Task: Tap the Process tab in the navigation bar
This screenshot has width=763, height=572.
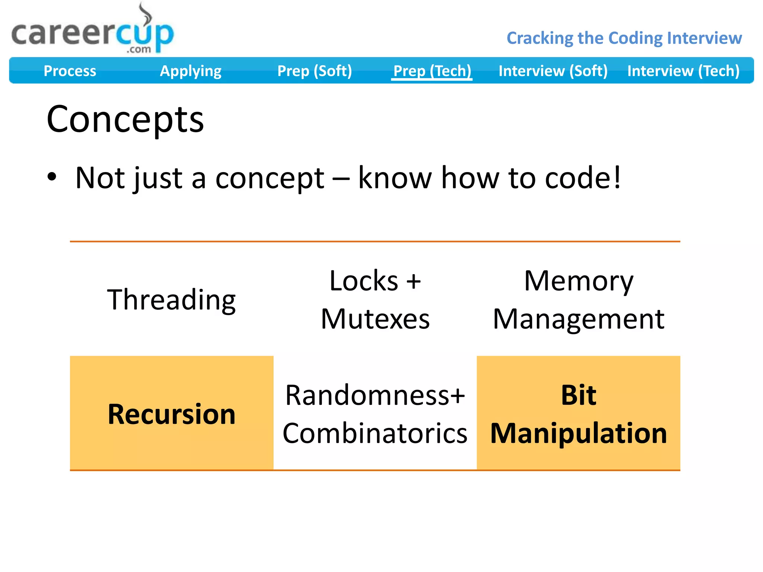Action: click(70, 71)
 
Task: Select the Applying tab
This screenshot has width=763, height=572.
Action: click(190, 71)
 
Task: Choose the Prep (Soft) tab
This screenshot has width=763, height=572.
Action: click(314, 71)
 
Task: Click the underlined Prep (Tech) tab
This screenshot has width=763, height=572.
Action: click(432, 71)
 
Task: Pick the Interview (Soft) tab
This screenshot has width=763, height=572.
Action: click(553, 71)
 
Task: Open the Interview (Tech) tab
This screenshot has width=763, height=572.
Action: click(683, 71)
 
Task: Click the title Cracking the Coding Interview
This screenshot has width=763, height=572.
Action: click(624, 38)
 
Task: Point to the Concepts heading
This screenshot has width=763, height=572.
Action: click(125, 119)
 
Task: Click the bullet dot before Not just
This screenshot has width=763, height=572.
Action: click(52, 177)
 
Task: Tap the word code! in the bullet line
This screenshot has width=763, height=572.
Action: click(583, 178)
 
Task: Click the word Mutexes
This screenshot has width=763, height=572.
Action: click(375, 319)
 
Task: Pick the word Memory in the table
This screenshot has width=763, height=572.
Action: click(578, 281)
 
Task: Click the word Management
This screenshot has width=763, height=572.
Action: click(578, 319)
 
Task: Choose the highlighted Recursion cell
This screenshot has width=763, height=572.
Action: click(171, 414)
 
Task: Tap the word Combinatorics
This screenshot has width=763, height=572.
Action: click(375, 433)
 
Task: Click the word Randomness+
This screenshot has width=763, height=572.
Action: click(375, 395)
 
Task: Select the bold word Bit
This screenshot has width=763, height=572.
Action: click(578, 395)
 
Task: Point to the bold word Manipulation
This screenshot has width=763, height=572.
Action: click(578, 433)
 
